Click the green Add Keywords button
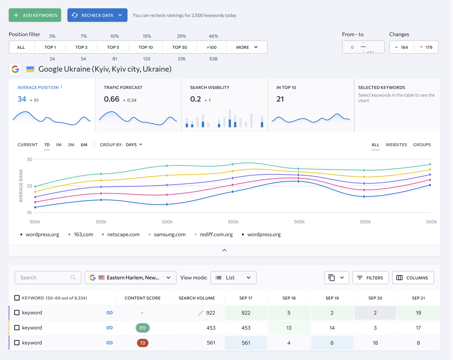[35, 15]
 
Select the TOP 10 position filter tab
[145, 47]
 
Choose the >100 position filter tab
[211, 47]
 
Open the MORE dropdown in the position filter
[247, 47]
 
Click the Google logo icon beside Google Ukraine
[15, 69]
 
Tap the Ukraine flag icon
[30, 69]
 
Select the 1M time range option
[59, 145]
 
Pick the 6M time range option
[84, 145]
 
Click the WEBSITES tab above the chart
[396, 145]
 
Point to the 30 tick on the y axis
[29, 159]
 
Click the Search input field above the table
[48, 278]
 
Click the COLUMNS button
[413, 278]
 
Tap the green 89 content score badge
[142, 327]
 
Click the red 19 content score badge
[142, 343]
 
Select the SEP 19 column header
[332, 298]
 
